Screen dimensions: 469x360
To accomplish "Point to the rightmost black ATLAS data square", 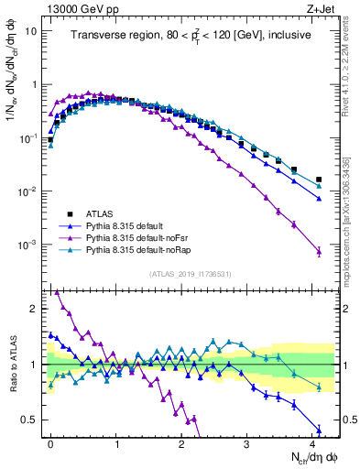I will [x=319, y=180].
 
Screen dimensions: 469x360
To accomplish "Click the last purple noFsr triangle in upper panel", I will [x=319, y=252].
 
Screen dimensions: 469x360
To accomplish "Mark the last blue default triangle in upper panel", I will [x=319, y=199].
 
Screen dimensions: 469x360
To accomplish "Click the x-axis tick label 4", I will [x=312, y=442].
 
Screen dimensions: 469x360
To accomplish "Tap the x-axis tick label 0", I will [x=51, y=442].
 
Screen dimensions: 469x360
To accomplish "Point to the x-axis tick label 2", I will [x=181, y=442].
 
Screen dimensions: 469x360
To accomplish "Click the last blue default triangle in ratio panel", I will [x=319, y=430].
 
